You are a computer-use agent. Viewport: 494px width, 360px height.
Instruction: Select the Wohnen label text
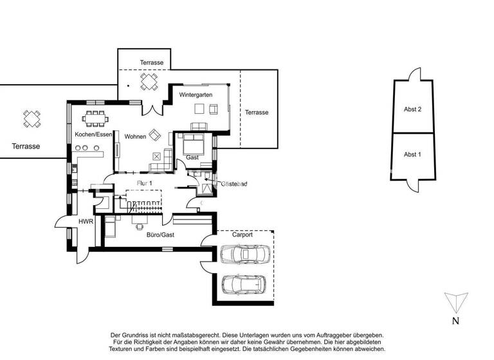pos(135,137)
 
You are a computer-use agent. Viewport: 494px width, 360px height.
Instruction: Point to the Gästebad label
pos(234,184)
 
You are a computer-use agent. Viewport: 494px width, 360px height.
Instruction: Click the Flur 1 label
pos(145,183)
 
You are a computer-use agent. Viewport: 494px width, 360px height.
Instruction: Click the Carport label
pos(242,235)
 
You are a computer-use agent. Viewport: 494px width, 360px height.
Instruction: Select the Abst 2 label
pos(412,110)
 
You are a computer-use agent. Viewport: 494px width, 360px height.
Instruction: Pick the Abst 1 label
pos(412,154)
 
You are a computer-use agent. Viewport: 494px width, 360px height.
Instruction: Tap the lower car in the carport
pos(242,283)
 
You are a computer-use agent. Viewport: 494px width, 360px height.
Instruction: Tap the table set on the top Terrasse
pos(149,82)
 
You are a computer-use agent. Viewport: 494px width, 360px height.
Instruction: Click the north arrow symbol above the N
pos(455,302)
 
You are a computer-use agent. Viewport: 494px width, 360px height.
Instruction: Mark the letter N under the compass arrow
pos(455,321)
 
